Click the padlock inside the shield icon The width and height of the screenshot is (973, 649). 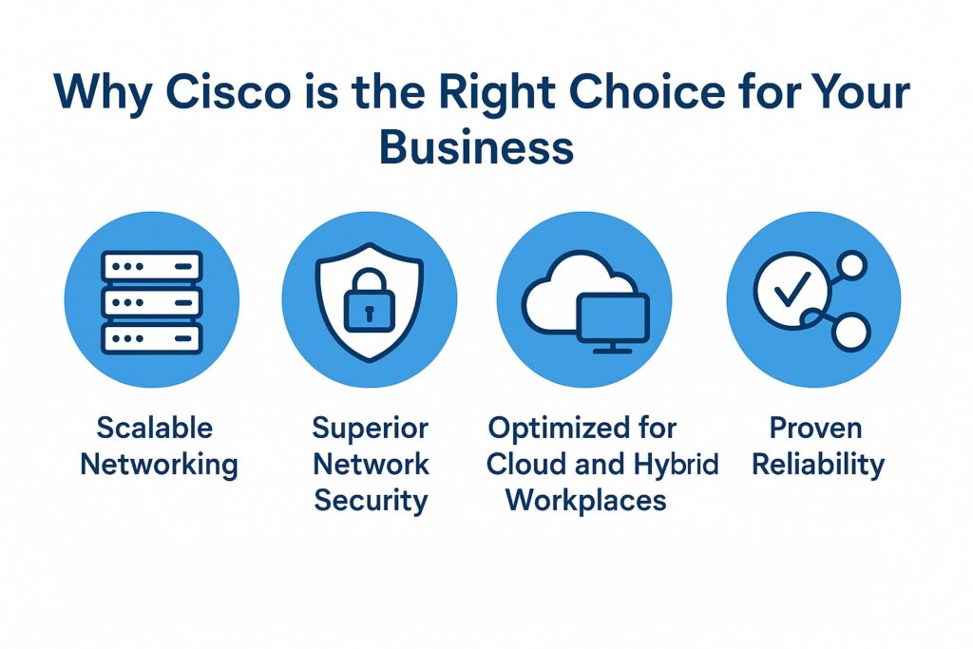[x=369, y=303]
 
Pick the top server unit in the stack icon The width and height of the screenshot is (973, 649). [x=152, y=266]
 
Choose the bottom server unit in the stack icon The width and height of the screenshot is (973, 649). [x=152, y=337]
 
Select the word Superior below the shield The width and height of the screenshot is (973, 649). [x=371, y=428]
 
